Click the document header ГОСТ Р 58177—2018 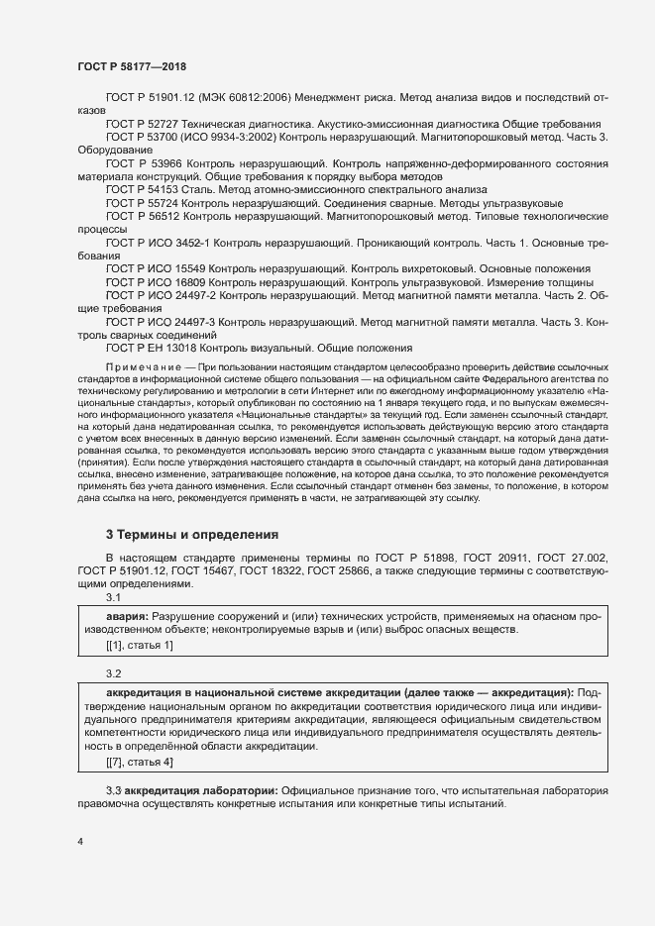[x=132, y=65]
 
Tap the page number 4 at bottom [x=80, y=840]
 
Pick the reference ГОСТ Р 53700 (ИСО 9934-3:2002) [x=192, y=135]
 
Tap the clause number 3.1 [x=113, y=597]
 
